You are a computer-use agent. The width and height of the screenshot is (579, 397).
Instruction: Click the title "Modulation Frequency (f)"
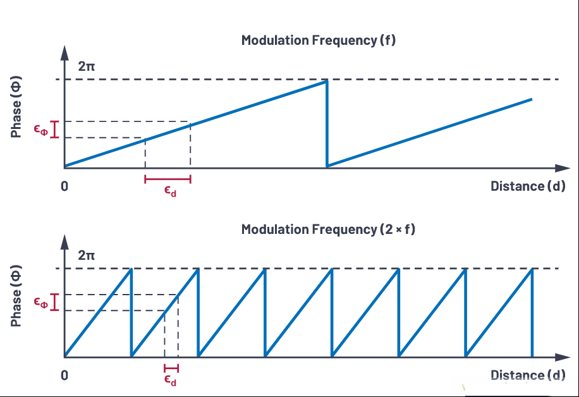click(x=319, y=40)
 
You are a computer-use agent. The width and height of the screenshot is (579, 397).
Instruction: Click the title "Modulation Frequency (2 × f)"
click(x=328, y=229)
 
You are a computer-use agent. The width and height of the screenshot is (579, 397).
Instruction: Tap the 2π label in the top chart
click(x=87, y=66)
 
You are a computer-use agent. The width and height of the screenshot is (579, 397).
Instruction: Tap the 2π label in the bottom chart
click(x=87, y=255)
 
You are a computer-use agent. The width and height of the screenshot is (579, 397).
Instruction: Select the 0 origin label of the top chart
click(x=64, y=186)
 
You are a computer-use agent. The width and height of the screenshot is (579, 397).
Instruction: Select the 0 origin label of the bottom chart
click(x=64, y=376)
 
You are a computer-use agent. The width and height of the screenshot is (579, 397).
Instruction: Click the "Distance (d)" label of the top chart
click(x=528, y=186)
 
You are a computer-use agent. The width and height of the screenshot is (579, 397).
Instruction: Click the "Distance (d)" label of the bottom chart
click(x=528, y=376)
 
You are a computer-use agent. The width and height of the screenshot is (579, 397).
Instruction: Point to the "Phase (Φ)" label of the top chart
click(x=16, y=107)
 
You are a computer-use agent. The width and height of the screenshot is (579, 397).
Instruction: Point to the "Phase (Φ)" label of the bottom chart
click(x=16, y=296)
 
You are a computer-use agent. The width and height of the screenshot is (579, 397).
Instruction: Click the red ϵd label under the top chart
click(x=170, y=192)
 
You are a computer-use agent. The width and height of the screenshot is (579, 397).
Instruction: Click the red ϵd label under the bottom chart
click(x=170, y=381)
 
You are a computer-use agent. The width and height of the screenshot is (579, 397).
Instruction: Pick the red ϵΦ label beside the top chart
click(x=41, y=130)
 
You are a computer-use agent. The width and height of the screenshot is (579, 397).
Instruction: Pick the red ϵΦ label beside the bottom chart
click(x=41, y=303)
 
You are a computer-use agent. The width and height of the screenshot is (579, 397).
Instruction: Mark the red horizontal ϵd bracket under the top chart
click(x=168, y=180)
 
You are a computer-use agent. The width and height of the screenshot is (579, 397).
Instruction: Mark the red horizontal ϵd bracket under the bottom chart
click(x=171, y=368)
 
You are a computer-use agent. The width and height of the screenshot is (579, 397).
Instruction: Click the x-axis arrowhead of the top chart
click(x=563, y=168)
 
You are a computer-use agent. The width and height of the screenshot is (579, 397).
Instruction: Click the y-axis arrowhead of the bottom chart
click(x=64, y=242)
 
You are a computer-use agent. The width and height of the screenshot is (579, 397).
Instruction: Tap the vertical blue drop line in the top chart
click(x=327, y=124)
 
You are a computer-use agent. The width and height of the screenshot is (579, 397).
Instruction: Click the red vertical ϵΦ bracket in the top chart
click(x=54, y=130)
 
